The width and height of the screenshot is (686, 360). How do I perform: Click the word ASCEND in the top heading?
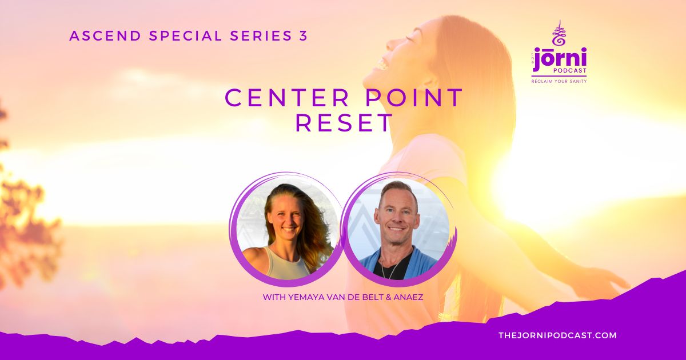tap(105, 36)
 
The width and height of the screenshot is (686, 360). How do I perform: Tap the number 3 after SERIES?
tap(303, 36)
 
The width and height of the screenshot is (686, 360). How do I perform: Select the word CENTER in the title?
tap(286, 98)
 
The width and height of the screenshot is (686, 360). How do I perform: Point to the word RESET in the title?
tap(344, 123)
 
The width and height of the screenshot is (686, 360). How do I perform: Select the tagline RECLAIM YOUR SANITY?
tap(559, 81)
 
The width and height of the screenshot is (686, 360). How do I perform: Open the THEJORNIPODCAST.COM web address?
tap(557, 335)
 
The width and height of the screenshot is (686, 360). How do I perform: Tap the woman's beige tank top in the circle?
tap(287, 263)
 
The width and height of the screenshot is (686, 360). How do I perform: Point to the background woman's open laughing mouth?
tap(381, 64)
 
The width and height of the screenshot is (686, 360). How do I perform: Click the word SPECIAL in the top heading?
tap(185, 36)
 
